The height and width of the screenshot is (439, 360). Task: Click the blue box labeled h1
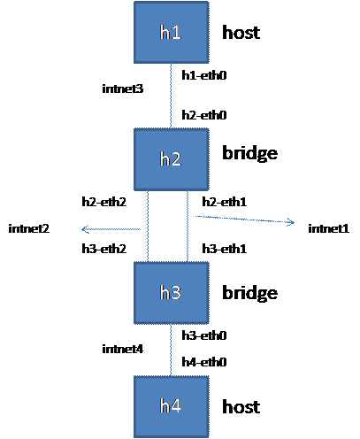point(171,33)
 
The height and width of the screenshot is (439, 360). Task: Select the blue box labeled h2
point(171,159)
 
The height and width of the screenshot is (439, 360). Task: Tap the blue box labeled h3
point(171,292)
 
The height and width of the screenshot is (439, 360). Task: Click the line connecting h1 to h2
point(171,96)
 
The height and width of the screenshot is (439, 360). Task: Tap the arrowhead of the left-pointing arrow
point(85,229)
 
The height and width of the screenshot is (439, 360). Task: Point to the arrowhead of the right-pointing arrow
point(290,223)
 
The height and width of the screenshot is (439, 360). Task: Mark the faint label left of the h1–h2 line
point(123,89)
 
